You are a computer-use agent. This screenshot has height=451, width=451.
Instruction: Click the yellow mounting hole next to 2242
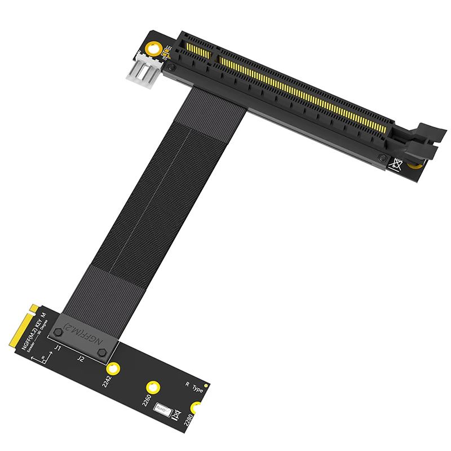[114, 369]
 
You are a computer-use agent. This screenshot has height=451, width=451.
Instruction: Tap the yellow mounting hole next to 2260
[152, 387]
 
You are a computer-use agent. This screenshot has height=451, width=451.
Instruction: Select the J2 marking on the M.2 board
[80, 357]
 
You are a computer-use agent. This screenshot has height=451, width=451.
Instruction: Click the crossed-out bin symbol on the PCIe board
[397, 165]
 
